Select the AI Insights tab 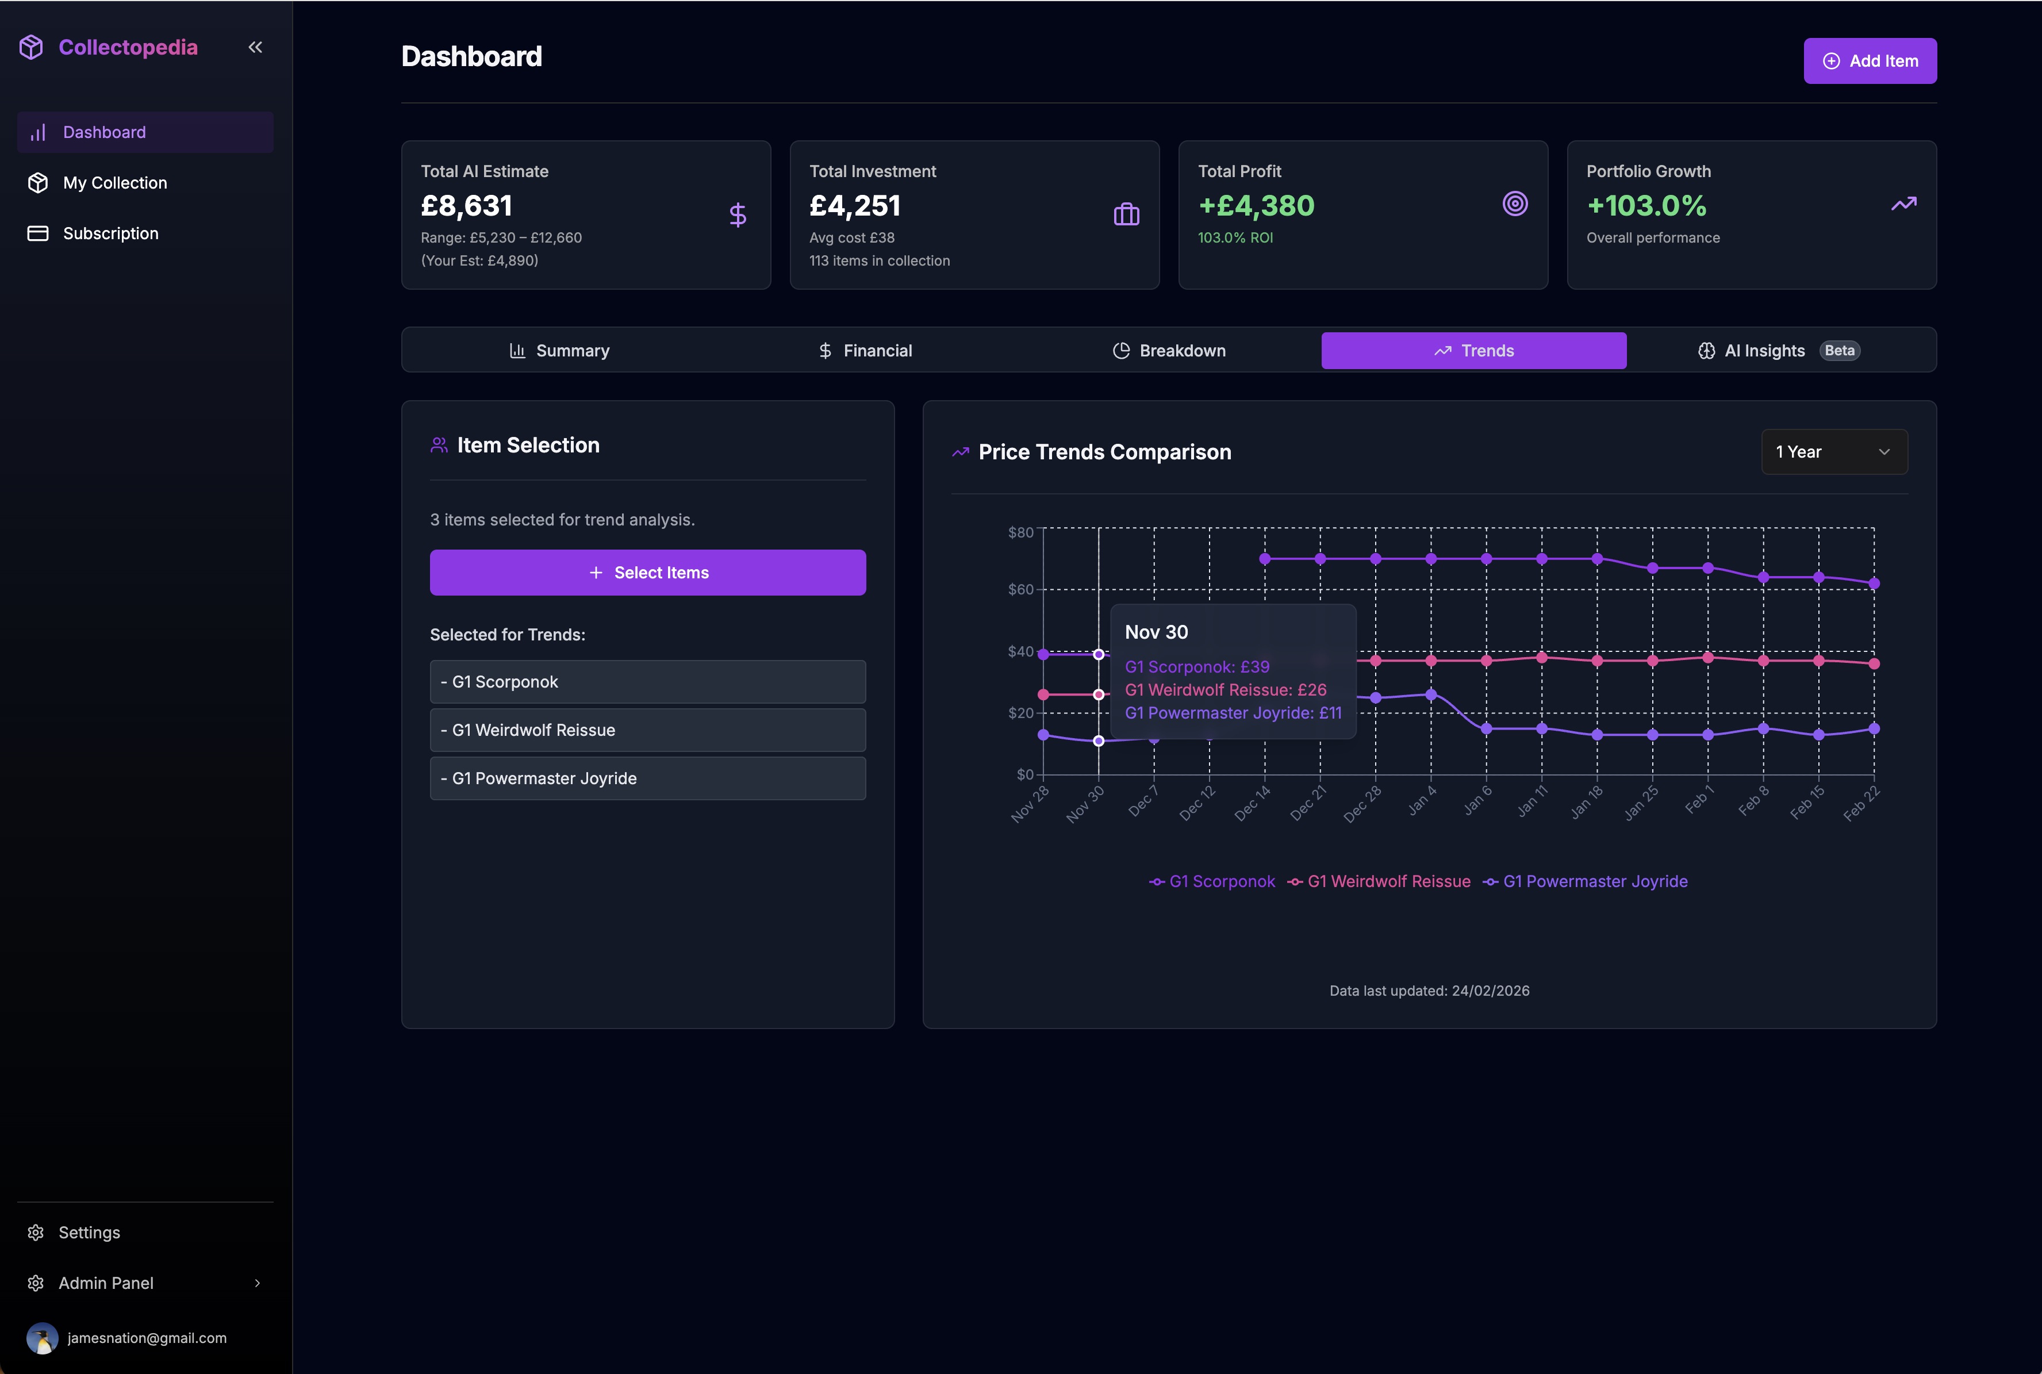pos(1763,351)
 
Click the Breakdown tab pos(1169,351)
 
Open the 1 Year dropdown pos(1833,452)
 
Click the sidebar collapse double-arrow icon pos(255,47)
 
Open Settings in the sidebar pos(89,1232)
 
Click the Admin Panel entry pos(106,1283)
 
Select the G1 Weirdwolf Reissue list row pos(647,730)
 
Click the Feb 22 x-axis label pos(1861,804)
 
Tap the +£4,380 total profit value pos(1256,206)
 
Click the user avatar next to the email pos(42,1338)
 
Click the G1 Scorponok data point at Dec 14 pos(1264,559)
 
